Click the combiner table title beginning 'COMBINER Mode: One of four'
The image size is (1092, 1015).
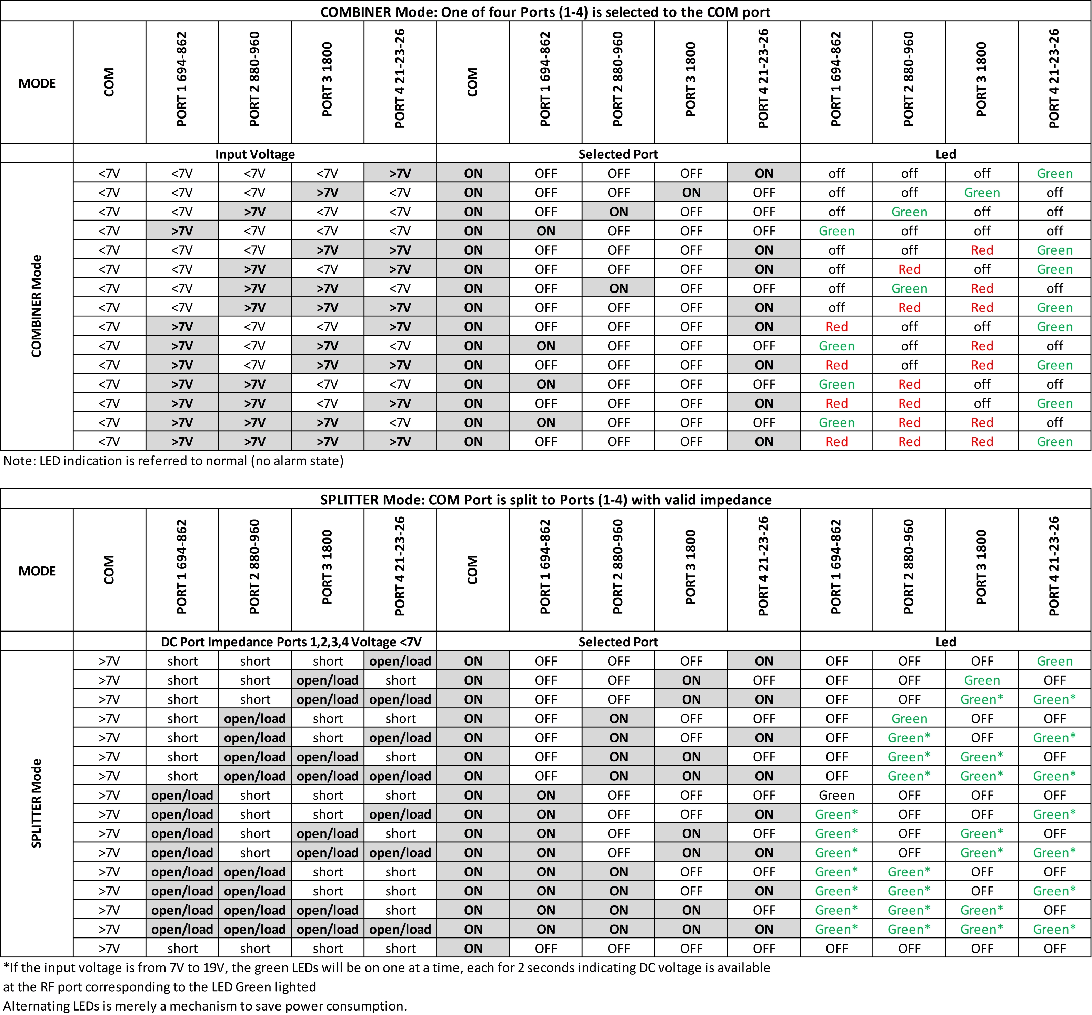545,12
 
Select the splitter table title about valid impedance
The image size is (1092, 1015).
545,500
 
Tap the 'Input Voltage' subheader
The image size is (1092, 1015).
255,154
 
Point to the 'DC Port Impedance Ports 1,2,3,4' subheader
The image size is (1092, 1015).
291,642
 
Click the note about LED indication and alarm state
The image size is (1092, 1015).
173,461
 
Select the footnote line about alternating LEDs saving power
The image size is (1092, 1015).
205,1006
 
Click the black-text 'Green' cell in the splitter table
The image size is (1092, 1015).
836,795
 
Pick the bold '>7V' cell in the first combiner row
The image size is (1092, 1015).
400,173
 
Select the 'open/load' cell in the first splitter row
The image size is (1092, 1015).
400,661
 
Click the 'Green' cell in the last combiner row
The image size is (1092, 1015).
1054,441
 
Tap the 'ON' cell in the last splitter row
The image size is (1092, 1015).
473,948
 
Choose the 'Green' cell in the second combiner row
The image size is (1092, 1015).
982,193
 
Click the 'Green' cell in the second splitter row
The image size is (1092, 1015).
982,680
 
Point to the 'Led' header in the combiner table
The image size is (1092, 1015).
945,154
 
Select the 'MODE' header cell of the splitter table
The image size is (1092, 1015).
37,571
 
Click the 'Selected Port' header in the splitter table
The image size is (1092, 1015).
618,642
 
